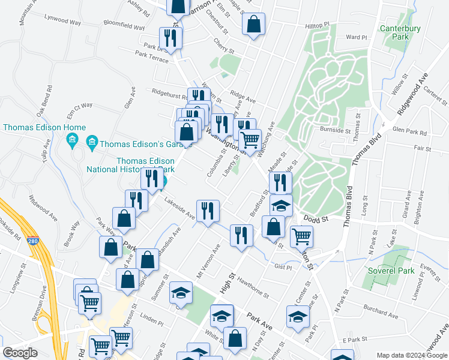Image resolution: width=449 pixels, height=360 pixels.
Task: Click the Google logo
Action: (x=19, y=353)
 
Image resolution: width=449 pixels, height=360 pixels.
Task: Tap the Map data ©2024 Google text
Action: (x=411, y=355)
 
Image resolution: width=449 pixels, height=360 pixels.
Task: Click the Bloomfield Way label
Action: (x=124, y=26)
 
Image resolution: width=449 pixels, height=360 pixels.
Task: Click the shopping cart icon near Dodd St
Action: (x=301, y=235)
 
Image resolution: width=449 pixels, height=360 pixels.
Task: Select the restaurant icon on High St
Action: (x=241, y=233)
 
